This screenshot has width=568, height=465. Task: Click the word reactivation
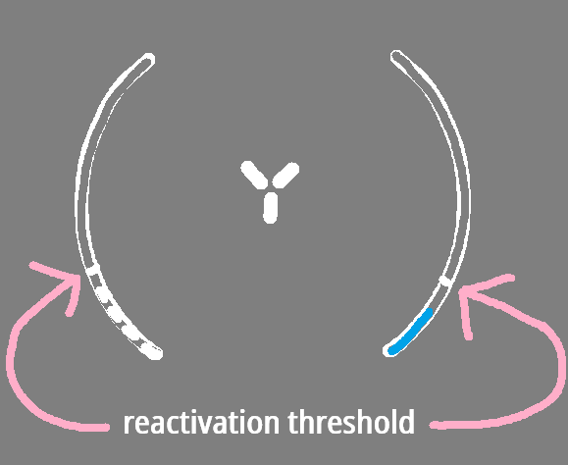click(201, 422)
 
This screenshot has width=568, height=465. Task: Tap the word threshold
click(351, 422)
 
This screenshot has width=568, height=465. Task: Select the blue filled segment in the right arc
click(410, 332)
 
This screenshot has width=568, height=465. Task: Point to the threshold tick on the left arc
click(92, 269)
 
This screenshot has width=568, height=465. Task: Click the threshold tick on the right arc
click(445, 281)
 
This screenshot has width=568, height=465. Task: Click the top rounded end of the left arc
click(148, 59)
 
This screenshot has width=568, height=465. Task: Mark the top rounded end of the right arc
click(396, 56)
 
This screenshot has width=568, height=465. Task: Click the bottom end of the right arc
click(389, 350)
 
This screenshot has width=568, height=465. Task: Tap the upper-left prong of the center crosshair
click(254, 175)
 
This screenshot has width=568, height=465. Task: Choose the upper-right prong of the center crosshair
click(285, 176)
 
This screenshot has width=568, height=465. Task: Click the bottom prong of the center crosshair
click(270, 208)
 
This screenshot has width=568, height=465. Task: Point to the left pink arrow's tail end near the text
click(105, 428)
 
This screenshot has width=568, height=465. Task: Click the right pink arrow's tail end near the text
click(434, 425)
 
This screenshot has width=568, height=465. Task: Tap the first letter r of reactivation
click(129, 425)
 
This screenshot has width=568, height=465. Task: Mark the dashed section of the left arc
click(124, 315)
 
